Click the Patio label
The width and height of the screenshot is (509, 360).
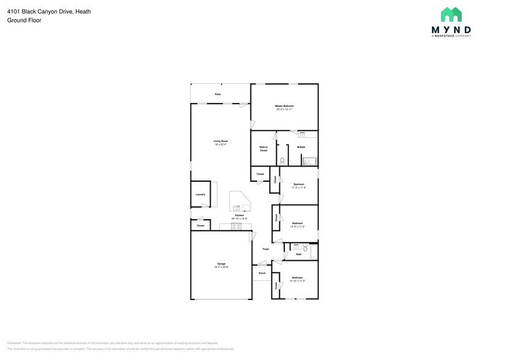[217, 94]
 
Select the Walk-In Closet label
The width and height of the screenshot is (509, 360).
[263, 149]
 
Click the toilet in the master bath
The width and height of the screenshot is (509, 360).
[282, 160]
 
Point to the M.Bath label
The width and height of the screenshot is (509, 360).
[301, 147]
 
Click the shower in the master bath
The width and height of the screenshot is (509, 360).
[310, 162]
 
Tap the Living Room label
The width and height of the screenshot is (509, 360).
[221, 143]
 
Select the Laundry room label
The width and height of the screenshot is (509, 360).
[200, 195]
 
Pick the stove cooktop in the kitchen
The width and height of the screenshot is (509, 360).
[235, 227]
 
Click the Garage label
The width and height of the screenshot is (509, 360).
[221, 265]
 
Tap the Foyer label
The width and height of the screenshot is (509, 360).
[266, 249]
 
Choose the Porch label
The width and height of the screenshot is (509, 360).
[262, 273]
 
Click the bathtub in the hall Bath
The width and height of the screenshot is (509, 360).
[314, 252]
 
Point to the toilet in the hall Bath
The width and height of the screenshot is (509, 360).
[304, 248]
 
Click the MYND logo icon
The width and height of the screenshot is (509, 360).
[451, 15]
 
